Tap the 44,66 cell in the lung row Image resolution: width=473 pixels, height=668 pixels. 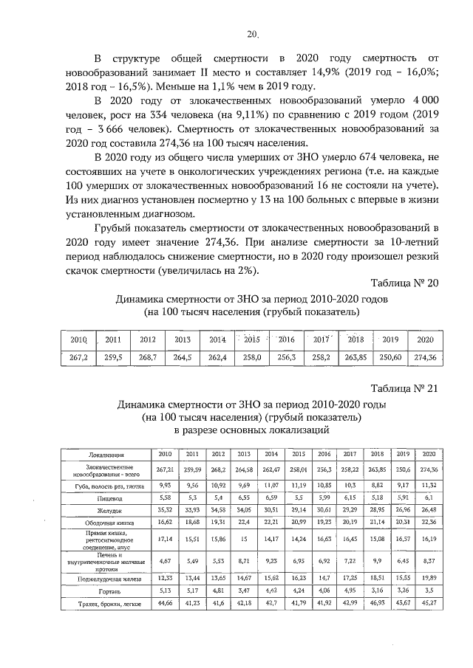tap(165, 605)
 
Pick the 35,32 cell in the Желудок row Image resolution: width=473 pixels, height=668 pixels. tap(165, 510)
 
